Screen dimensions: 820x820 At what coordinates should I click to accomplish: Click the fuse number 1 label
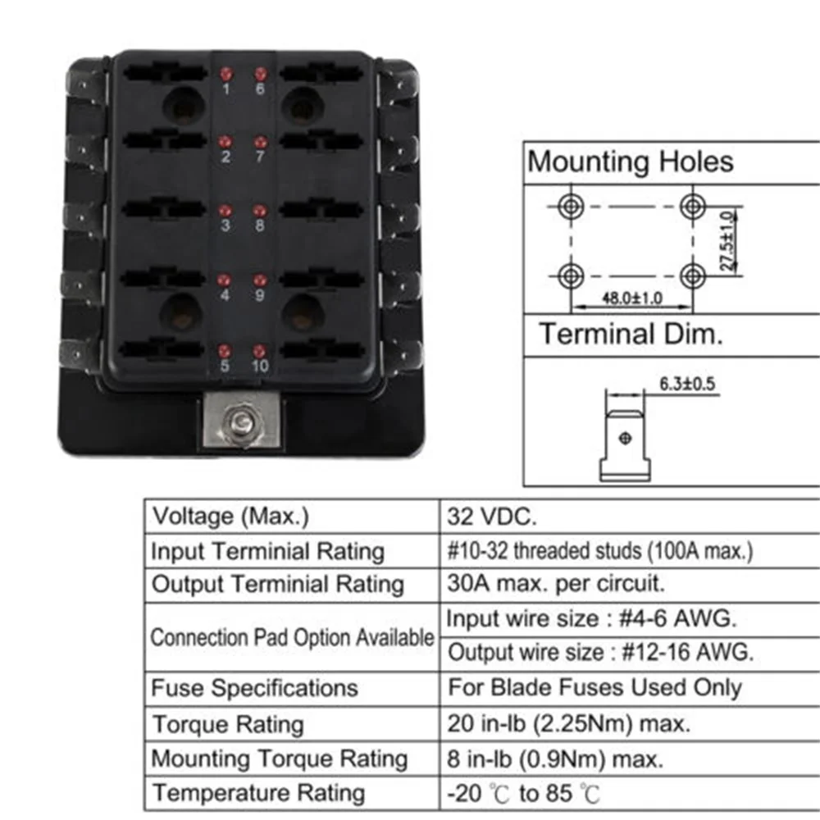coord(226,89)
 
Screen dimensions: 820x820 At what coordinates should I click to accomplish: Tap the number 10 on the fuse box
coord(260,366)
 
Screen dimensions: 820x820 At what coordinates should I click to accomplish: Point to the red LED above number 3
coord(225,211)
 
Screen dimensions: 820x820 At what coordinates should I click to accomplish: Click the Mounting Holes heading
coord(630,162)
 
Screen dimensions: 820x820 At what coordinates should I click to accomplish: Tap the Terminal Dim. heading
coord(631,335)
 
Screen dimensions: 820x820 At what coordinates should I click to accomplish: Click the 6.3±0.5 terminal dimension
coord(688,383)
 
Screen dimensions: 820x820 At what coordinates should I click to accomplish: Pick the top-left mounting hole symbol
coord(570,206)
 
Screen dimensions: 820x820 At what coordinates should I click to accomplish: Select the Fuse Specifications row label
coord(255,687)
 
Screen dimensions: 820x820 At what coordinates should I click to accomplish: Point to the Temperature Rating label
coord(258,794)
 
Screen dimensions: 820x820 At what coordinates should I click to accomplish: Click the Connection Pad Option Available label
coord(292,637)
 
